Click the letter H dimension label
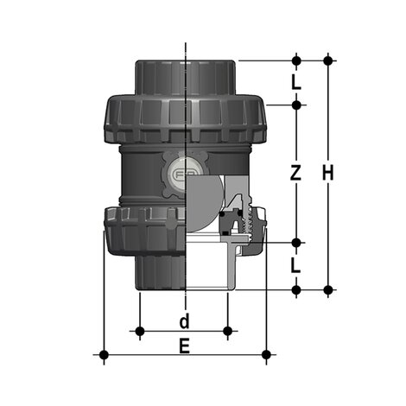coord(328,173)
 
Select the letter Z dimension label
coord(295,173)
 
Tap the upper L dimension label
coord(295,83)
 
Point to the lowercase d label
coord(183,322)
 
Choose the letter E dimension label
coord(183,346)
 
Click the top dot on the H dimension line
coord(328,60)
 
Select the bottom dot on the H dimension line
coord(328,289)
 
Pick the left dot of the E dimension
coord(104,354)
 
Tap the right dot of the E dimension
coord(266,354)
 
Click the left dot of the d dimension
coord(140,330)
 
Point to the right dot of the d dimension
coord(227,330)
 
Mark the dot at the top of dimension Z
coord(295,105)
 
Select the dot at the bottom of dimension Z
coord(295,243)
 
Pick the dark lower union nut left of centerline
coord(143,231)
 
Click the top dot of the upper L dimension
coord(295,60)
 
